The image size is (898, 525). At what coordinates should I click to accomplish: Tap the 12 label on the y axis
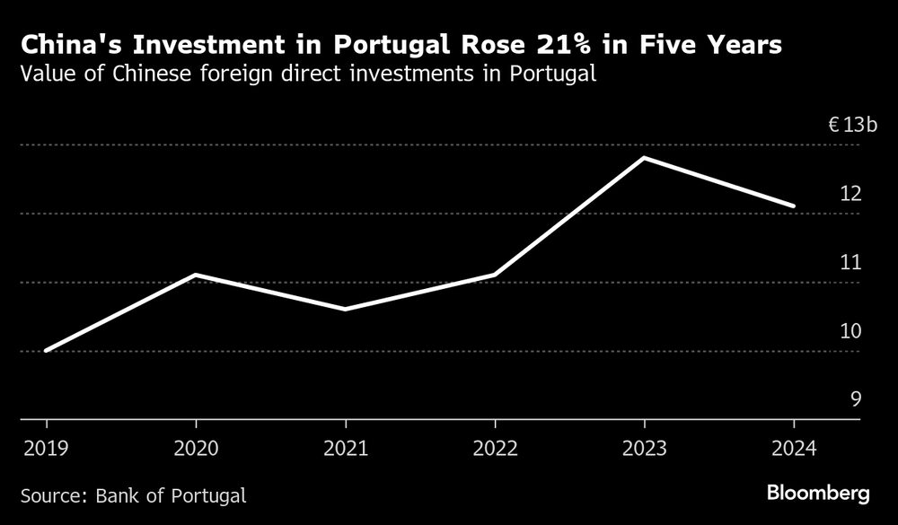tap(850, 193)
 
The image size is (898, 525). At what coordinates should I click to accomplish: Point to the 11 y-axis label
tap(850, 262)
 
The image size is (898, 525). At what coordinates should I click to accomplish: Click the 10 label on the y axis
tap(850, 330)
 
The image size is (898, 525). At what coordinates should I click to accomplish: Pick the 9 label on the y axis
tap(856, 399)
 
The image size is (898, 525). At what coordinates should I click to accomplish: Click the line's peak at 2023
tap(644, 158)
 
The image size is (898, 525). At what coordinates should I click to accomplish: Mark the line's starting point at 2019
tap(46, 350)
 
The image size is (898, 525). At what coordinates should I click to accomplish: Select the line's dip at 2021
tap(345, 309)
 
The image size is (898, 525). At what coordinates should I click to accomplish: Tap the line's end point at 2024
tap(794, 206)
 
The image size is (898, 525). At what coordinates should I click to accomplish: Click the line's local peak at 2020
tap(195, 275)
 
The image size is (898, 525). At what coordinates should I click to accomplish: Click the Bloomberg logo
tap(818, 493)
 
